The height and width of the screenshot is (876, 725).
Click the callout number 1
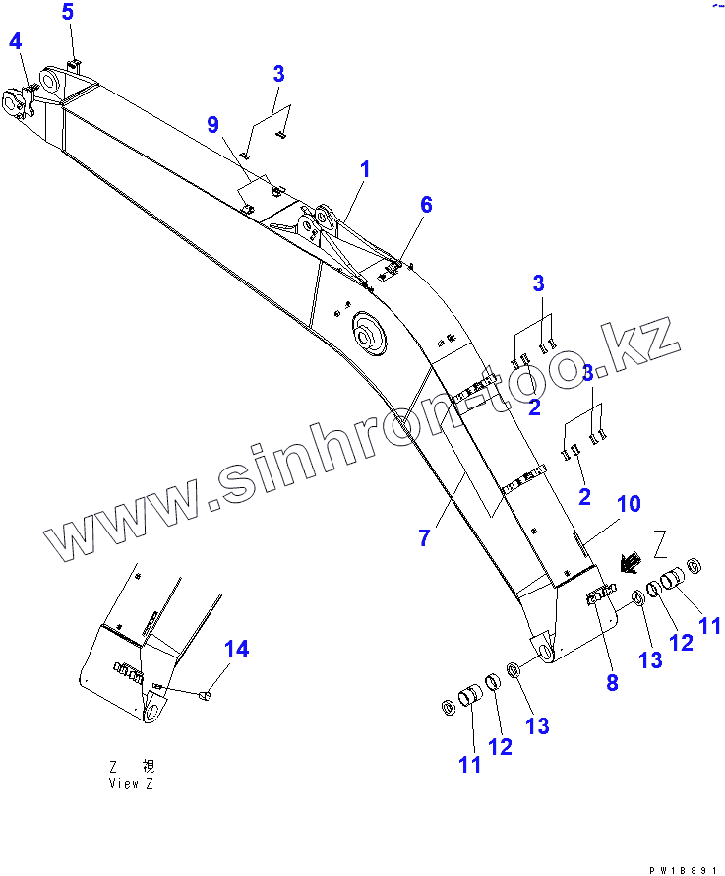[364, 169]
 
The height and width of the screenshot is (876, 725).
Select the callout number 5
[67, 13]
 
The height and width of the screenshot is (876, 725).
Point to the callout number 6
[425, 205]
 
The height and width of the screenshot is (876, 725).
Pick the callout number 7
[424, 537]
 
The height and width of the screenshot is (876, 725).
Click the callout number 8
[612, 682]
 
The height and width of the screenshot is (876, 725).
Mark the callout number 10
[629, 504]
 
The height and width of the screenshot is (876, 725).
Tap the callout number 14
[235, 649]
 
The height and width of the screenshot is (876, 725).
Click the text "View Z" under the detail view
[132, 783]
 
